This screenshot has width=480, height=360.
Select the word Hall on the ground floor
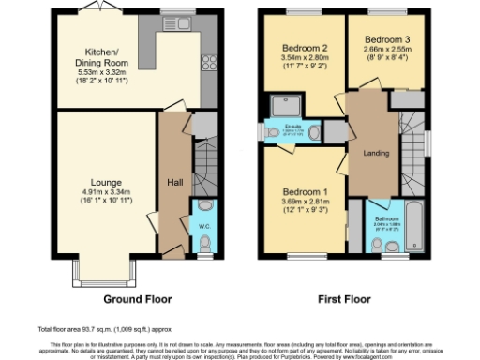[174, 183]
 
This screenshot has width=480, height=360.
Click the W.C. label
[204, 225]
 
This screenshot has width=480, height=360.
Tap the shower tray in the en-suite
[283, 105]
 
